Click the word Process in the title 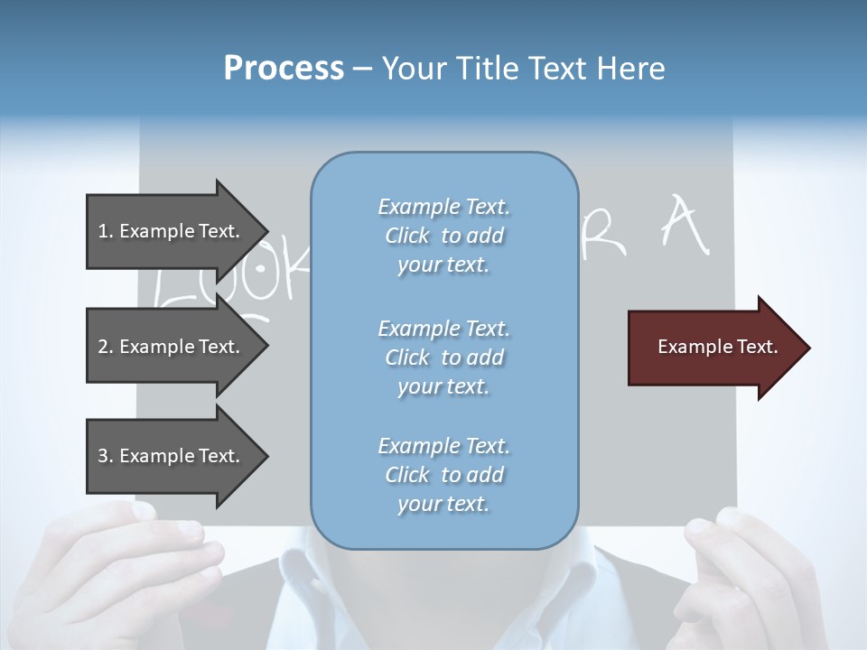point(284,69)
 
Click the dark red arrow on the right point(713,347)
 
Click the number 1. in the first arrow point(106,231)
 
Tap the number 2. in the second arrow point(106,347)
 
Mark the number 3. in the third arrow point(106,456)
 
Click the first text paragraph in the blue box point(443,236)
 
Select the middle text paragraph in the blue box point(443,357)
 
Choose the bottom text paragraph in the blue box point(443,475)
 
